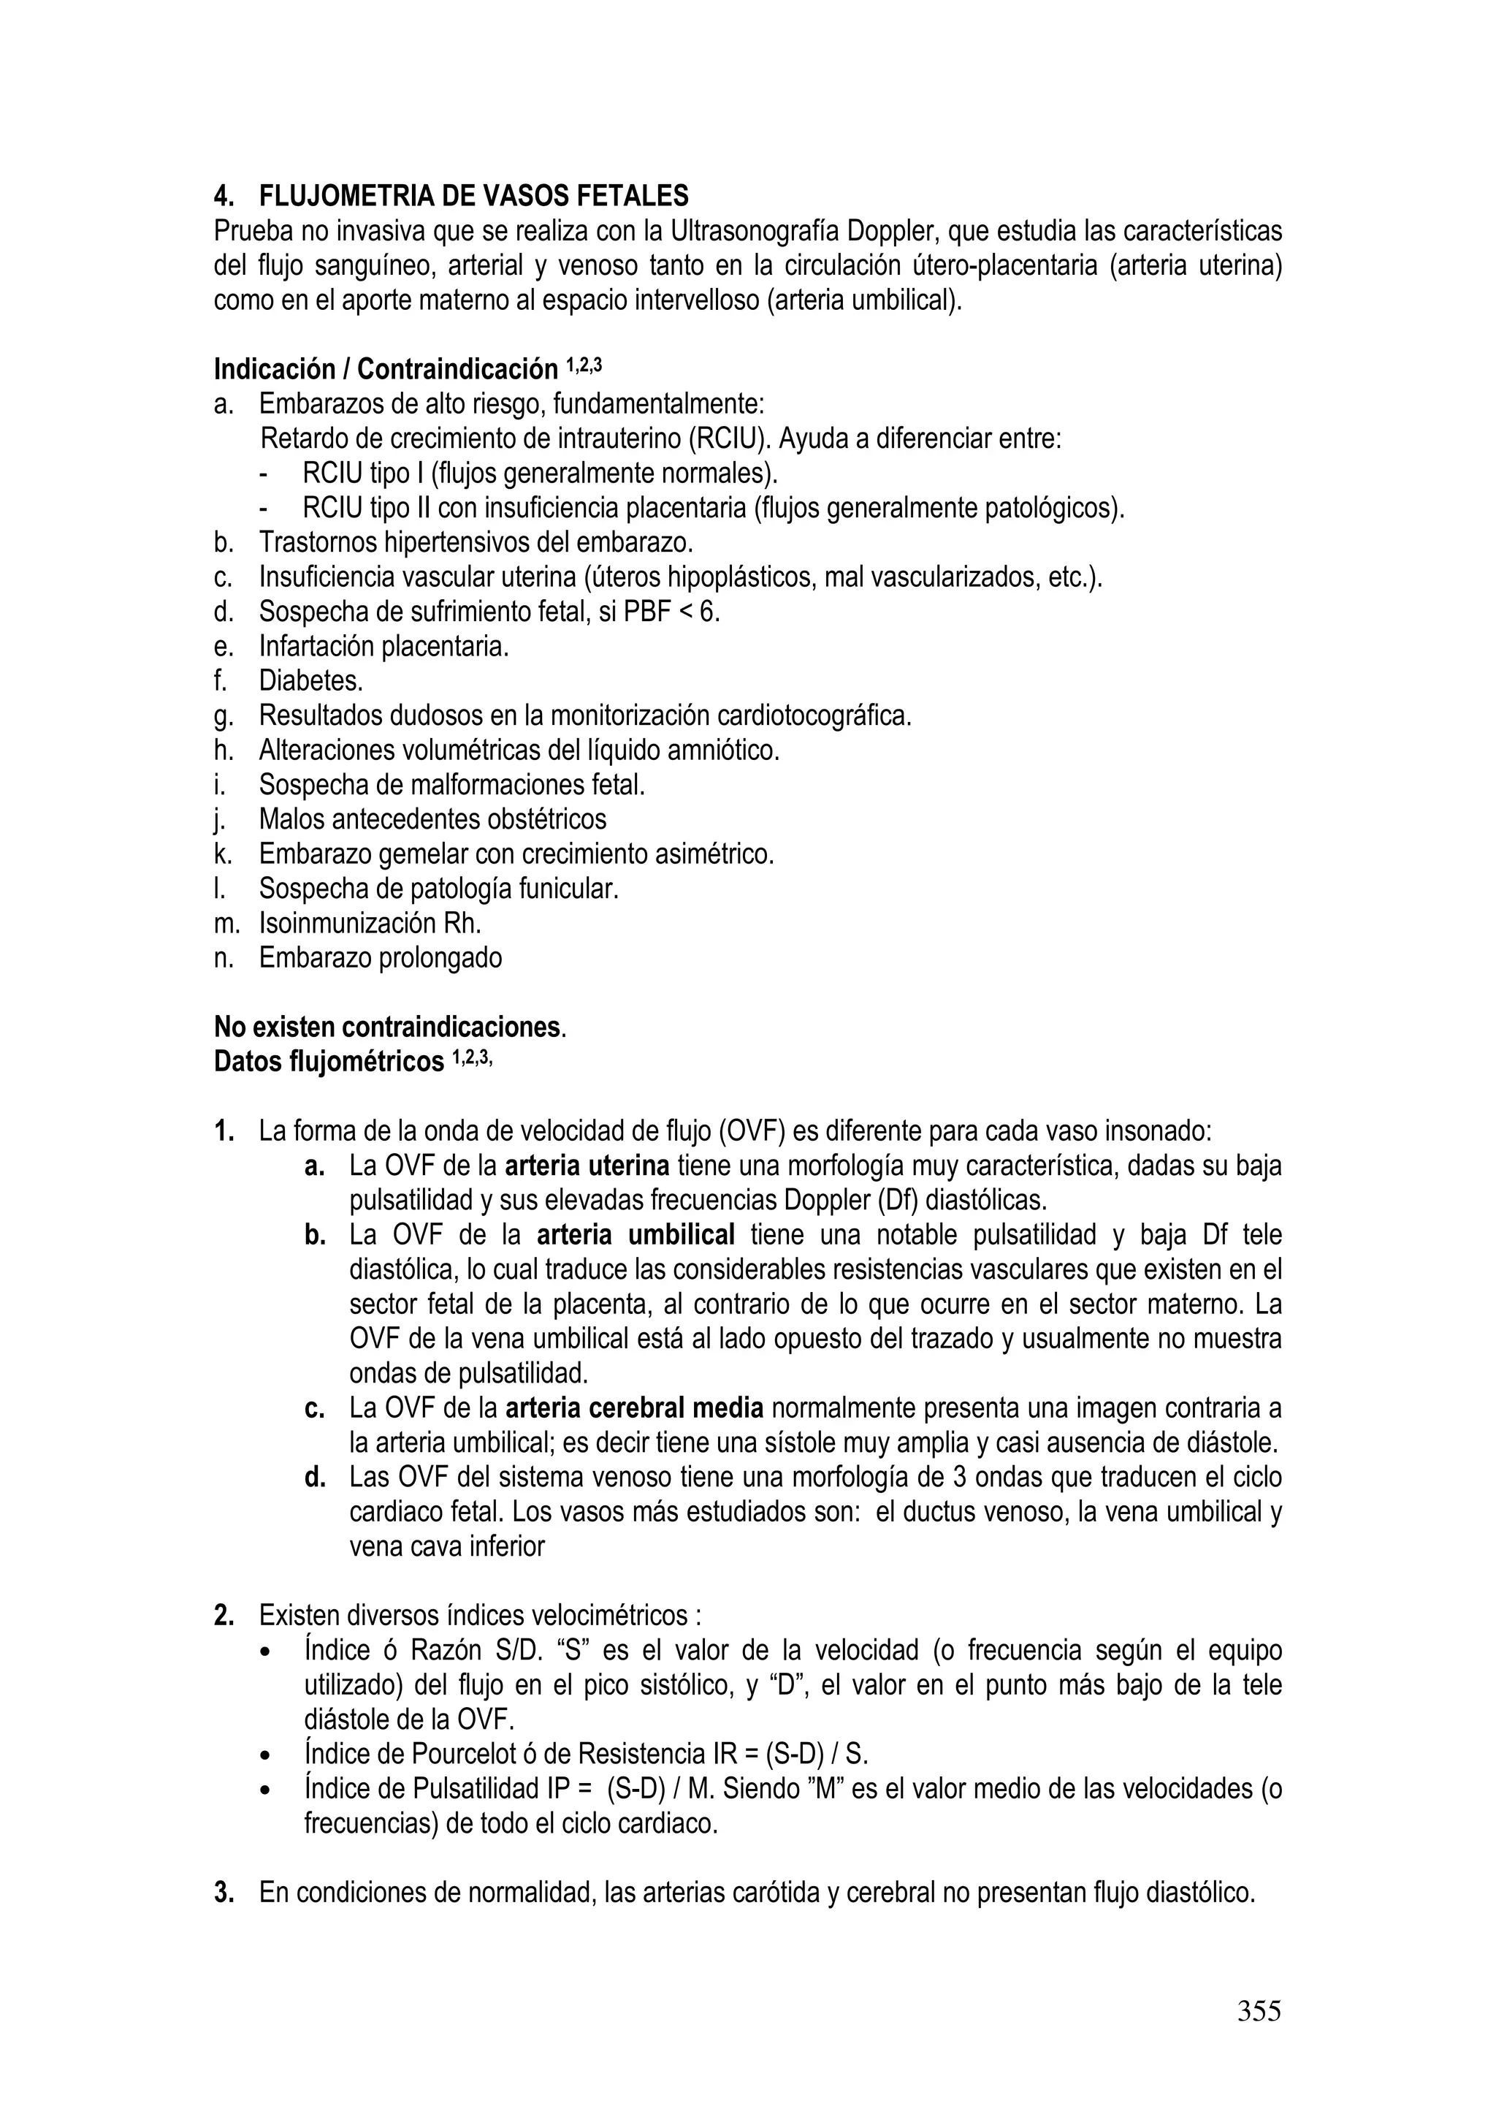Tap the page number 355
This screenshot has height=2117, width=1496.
point(1258,2010)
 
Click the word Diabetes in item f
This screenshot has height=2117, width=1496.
point(310,680)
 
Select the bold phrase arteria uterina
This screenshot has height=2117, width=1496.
point(587,1166)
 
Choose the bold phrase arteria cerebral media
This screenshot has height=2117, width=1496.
point(634,1408)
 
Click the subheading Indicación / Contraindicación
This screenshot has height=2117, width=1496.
point(385,370)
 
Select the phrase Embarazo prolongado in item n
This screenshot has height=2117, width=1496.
point(380,958)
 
